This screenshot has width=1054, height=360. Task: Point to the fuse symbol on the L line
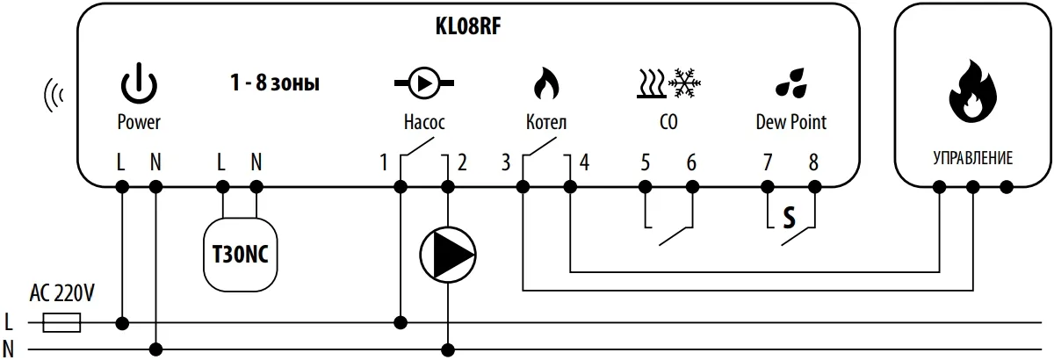pyautogui.click(x=61, y=323)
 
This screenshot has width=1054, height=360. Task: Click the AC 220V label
pyautogui.click(x=62, y=295)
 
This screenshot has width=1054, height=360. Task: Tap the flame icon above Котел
pyautogui.click(x=545, y=84)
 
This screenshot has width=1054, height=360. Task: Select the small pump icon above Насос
pyautogui.click(x=424, y=84)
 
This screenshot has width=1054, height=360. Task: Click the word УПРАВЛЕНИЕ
pyautogui.click(x=971, y=159)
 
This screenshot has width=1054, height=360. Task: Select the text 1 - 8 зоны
pyautogui.click(x=270, y=85)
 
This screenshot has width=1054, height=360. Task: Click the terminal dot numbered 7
pyautogui.click(x=767, y=186)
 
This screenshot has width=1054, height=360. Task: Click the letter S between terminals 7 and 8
pyautogui.click(x=789, y=218)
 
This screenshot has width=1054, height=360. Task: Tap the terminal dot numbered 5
pyautogui.click(x=645, y=186)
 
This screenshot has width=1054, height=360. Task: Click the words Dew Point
pyautogui.click(x=790, y=123)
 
